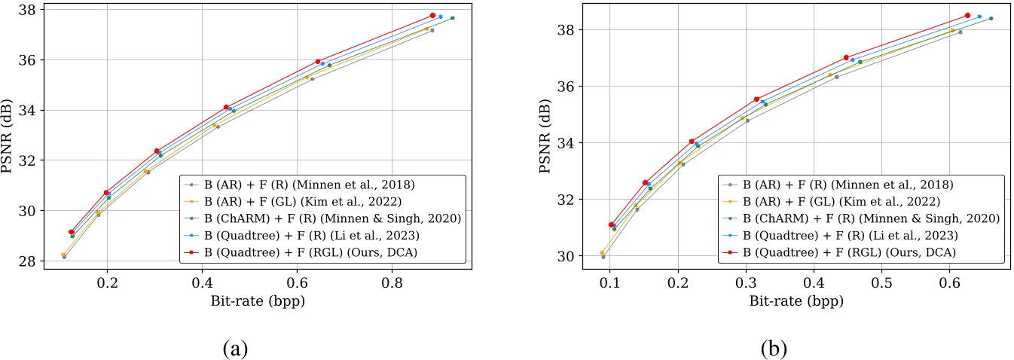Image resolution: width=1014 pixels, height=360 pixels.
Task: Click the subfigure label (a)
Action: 236,349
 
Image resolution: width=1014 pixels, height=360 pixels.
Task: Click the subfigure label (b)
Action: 774,349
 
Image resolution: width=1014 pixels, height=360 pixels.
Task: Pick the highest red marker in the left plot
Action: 432,15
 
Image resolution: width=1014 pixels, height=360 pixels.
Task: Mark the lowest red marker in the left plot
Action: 72,232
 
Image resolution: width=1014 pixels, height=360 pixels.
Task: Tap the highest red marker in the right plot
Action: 967,15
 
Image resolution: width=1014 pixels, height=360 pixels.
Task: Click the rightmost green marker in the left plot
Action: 452,18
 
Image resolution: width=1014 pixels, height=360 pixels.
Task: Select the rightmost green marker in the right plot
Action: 991,18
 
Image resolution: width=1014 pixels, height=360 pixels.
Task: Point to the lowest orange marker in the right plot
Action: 602,253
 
